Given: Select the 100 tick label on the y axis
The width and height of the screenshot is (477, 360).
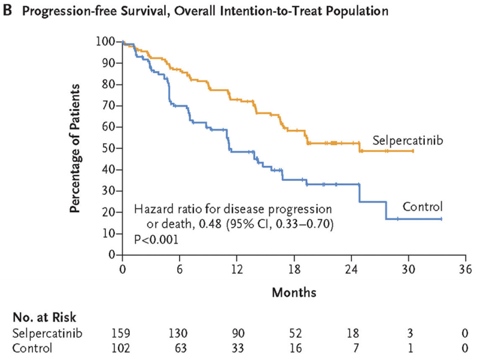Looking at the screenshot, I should [x=107, y=41].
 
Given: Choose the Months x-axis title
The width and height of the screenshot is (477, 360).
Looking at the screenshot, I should [x=294, y=292].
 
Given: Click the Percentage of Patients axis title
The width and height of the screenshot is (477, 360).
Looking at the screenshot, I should [x=76, y=148].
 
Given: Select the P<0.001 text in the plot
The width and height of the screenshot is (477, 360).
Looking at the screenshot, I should [x=155, y=238].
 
